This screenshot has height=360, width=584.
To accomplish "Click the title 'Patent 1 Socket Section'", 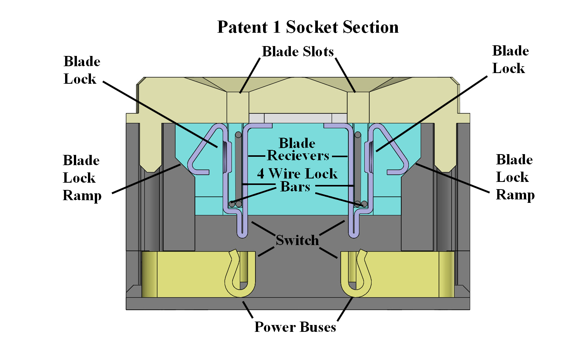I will pyautogui.click(x=308, y=27).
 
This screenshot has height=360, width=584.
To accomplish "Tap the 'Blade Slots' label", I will pyautogui.click(x=298, y=52).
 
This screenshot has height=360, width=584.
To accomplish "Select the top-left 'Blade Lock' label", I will pyautogui.click(x=81, y=70).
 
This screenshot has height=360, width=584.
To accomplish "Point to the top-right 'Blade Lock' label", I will pyautogui.click(x=510, y=59).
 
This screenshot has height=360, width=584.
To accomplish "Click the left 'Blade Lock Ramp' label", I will pyautogui.click(x=82, y=178).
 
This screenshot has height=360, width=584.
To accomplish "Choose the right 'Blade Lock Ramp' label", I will pyautogui.click(x=515, y=177).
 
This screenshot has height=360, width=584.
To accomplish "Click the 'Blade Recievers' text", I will pyautogui.click(x=297, y=149).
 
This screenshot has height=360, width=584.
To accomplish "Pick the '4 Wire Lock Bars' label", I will pyautogui.click(x=297, y=180).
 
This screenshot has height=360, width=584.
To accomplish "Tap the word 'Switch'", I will pyautogui.click(x=297, y=240).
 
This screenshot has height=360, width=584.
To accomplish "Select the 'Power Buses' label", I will pyautogui.click(x=295, y=327).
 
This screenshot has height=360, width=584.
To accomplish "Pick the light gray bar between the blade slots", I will pyautogui.click(x=298, y=118).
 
